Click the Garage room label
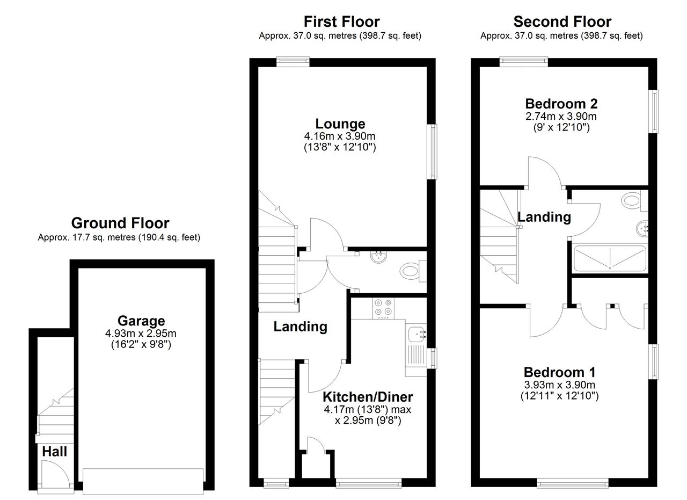141,321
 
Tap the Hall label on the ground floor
54,452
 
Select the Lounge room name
340,124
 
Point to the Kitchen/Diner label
368,397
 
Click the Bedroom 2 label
561,104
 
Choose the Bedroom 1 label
559,372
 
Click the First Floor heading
342,22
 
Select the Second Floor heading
562,22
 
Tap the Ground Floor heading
120,223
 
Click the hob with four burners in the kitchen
383,308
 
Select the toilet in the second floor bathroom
634,201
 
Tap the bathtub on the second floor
610,258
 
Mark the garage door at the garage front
143,481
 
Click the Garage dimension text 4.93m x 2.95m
141,334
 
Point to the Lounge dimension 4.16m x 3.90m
340,136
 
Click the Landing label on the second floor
544,217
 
